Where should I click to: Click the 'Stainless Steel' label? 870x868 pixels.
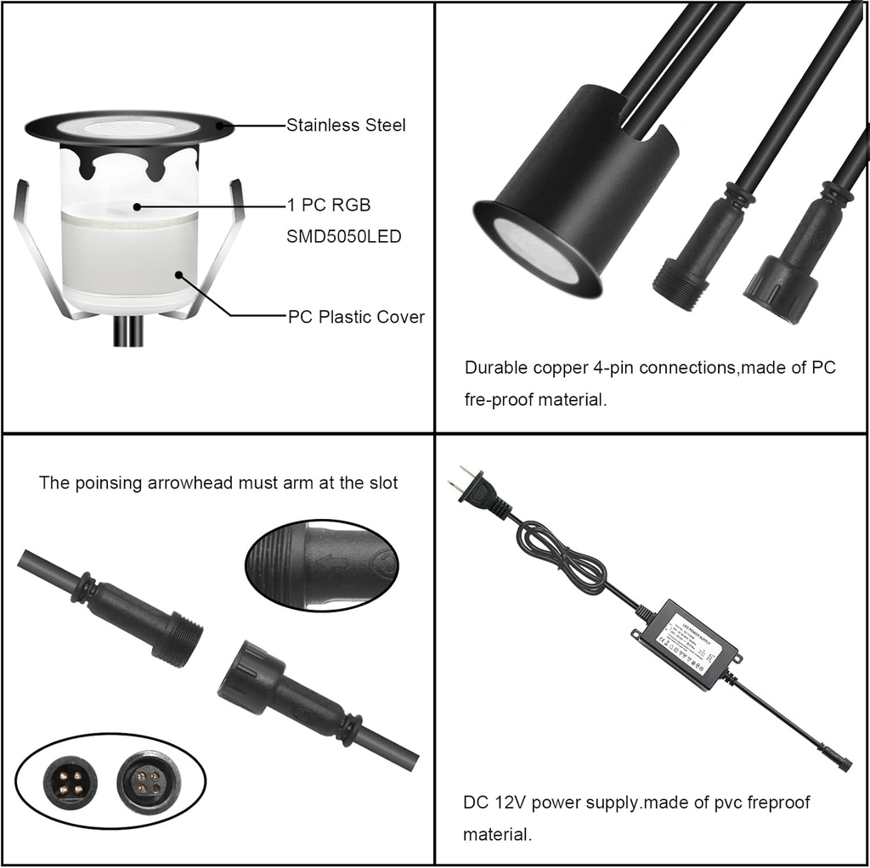[x=346, y=126]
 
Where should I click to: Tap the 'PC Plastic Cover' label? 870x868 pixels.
[x=356, y=317]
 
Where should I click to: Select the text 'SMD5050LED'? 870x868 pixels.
[x=344, y=237]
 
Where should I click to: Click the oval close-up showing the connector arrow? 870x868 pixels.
[x=323, y=565]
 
